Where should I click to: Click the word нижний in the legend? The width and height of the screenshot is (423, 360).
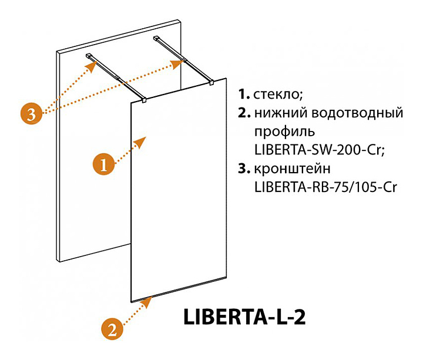281,113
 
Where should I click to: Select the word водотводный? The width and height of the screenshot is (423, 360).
358,113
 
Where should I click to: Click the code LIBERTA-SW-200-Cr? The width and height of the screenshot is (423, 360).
318,150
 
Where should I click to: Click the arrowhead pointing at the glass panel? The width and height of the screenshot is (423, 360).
141,141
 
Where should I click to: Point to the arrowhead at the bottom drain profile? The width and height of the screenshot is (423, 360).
149,301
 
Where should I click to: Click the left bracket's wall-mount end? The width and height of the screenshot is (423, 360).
89,56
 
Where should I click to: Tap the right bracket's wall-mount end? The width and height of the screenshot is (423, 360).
157,39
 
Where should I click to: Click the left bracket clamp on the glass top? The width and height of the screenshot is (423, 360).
144,100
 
